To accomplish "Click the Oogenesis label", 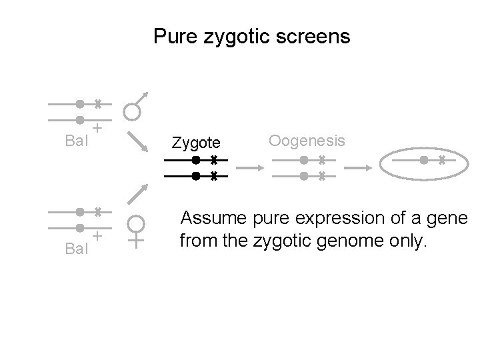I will coord(307,141).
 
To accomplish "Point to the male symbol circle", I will coord(133,111).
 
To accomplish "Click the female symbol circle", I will coord(136,223).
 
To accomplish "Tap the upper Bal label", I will coord(77,141).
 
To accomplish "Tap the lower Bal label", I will coord(77,249).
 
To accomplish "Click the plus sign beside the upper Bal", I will coord(97,127).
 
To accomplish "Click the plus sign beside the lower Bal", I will coord(97,235).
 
